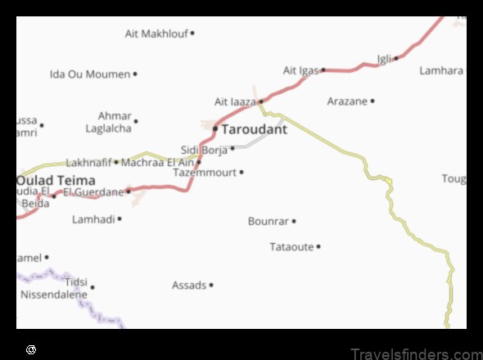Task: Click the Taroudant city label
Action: (x=255, y=129)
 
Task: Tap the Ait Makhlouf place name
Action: (x=156, y=34)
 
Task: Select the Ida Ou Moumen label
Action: (x=90, y=74)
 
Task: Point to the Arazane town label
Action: (x=347, y=101)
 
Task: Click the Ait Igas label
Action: (x=300, y=70)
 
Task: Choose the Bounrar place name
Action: (x=269, y=221)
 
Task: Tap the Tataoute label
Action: (x=291, y=246)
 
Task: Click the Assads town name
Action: (x=189, y=286)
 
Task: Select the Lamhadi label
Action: (x=93, y=219)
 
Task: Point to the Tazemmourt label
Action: (x=205, y=173)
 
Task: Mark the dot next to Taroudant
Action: (x=215, y=129)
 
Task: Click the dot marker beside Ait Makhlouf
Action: (x=192, y=34)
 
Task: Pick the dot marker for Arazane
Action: (x=372, y=101)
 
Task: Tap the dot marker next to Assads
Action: (x=211, y=286)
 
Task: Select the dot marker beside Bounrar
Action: (x=294, y=221)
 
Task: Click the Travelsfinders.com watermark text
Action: (x=416, y=353)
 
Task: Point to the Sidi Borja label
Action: (x=204, y=150)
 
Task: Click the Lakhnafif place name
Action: (x=88, y=162)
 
